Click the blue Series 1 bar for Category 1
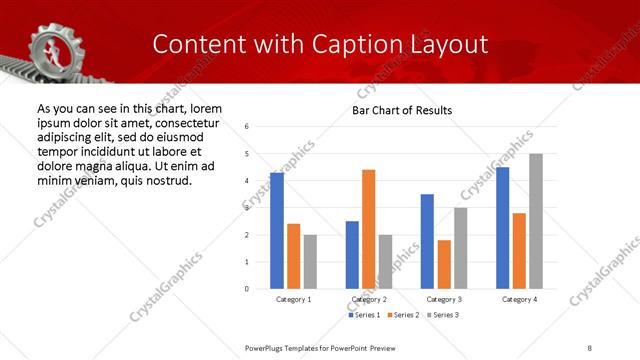tap(277, 231)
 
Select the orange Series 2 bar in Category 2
tap(369, 229)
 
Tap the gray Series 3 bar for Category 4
tap(536, 221)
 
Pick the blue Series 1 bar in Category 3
tap(427, 241)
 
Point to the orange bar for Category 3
tap(444, 264)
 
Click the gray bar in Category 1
tap(310, 262)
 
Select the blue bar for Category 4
tap(503, 228)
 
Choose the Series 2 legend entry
tap(403, 315)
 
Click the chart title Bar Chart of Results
tap(402, 110)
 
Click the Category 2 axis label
tap(369, 299)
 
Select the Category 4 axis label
tap(519, 299)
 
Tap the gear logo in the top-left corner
tap(47, 45)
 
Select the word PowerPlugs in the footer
tap(269, 347)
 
